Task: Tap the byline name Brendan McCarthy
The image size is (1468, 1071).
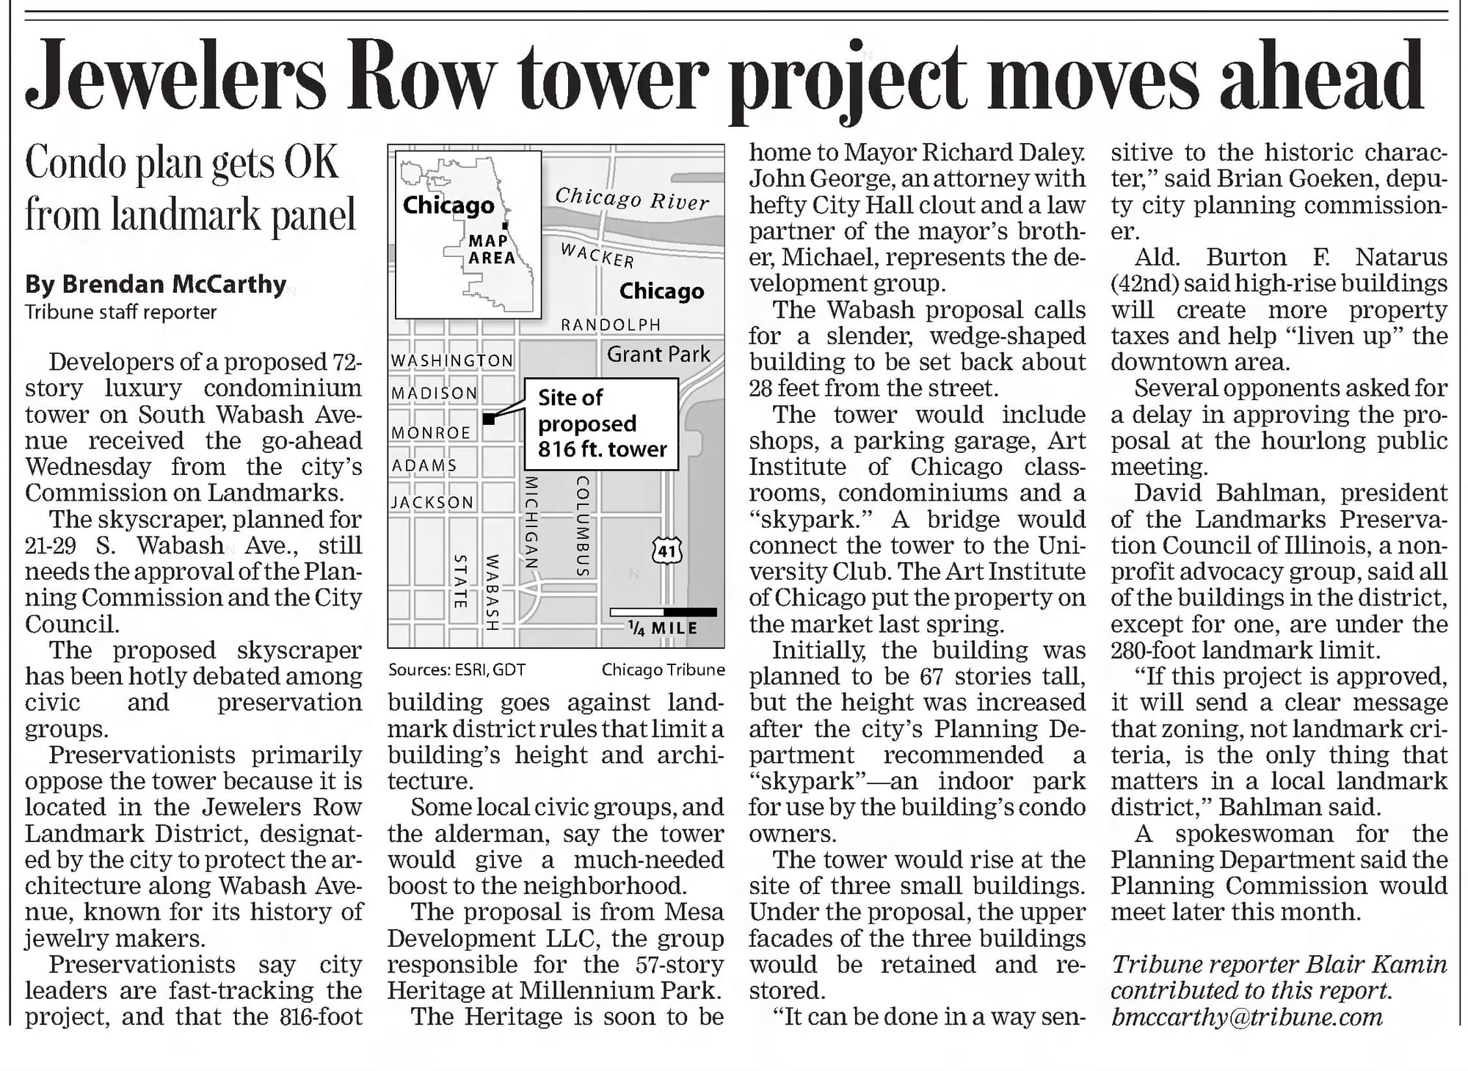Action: pyautogui.click(x=156, y=284)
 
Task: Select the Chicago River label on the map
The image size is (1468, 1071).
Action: pyautogui.click(x=632, y=198)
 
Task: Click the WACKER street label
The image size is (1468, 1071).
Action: pyautogui.click(x=597, y=255)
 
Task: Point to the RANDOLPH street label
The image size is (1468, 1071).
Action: pyautogui.click(x=611, y=324)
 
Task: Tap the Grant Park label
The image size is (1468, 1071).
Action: pyautogui.click(x=658, y=355)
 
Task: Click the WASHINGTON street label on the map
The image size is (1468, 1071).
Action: pyautogui.click(x=452, y=360)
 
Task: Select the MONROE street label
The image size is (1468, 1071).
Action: pyautogui.click(x=431, y=433)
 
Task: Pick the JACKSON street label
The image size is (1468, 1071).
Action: pyautogui.click(x=432, y=503)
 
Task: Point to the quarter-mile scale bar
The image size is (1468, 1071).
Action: pyautogui.click(x=663, y=612)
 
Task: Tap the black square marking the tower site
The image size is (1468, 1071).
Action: pyautogui.click(x=489, y=418)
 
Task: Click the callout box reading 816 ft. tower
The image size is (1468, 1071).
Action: pyautogui.click(x=602, y=424)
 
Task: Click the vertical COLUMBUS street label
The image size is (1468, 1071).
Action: pyautogui.click(x=583, y=526)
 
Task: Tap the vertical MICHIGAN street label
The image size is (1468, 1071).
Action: pyautogui.click(x=532, y=521)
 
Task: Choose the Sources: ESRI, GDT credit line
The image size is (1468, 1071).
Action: pyautogui.click(x=457, y=669)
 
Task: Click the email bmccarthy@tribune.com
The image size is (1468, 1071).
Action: pyautogui.click(x=1246, y=1017)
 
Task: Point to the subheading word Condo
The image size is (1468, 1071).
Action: pyautogui.click(x=75, y=163)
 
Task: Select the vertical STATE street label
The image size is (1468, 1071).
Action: pyautogui.click(x=460, y=581)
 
